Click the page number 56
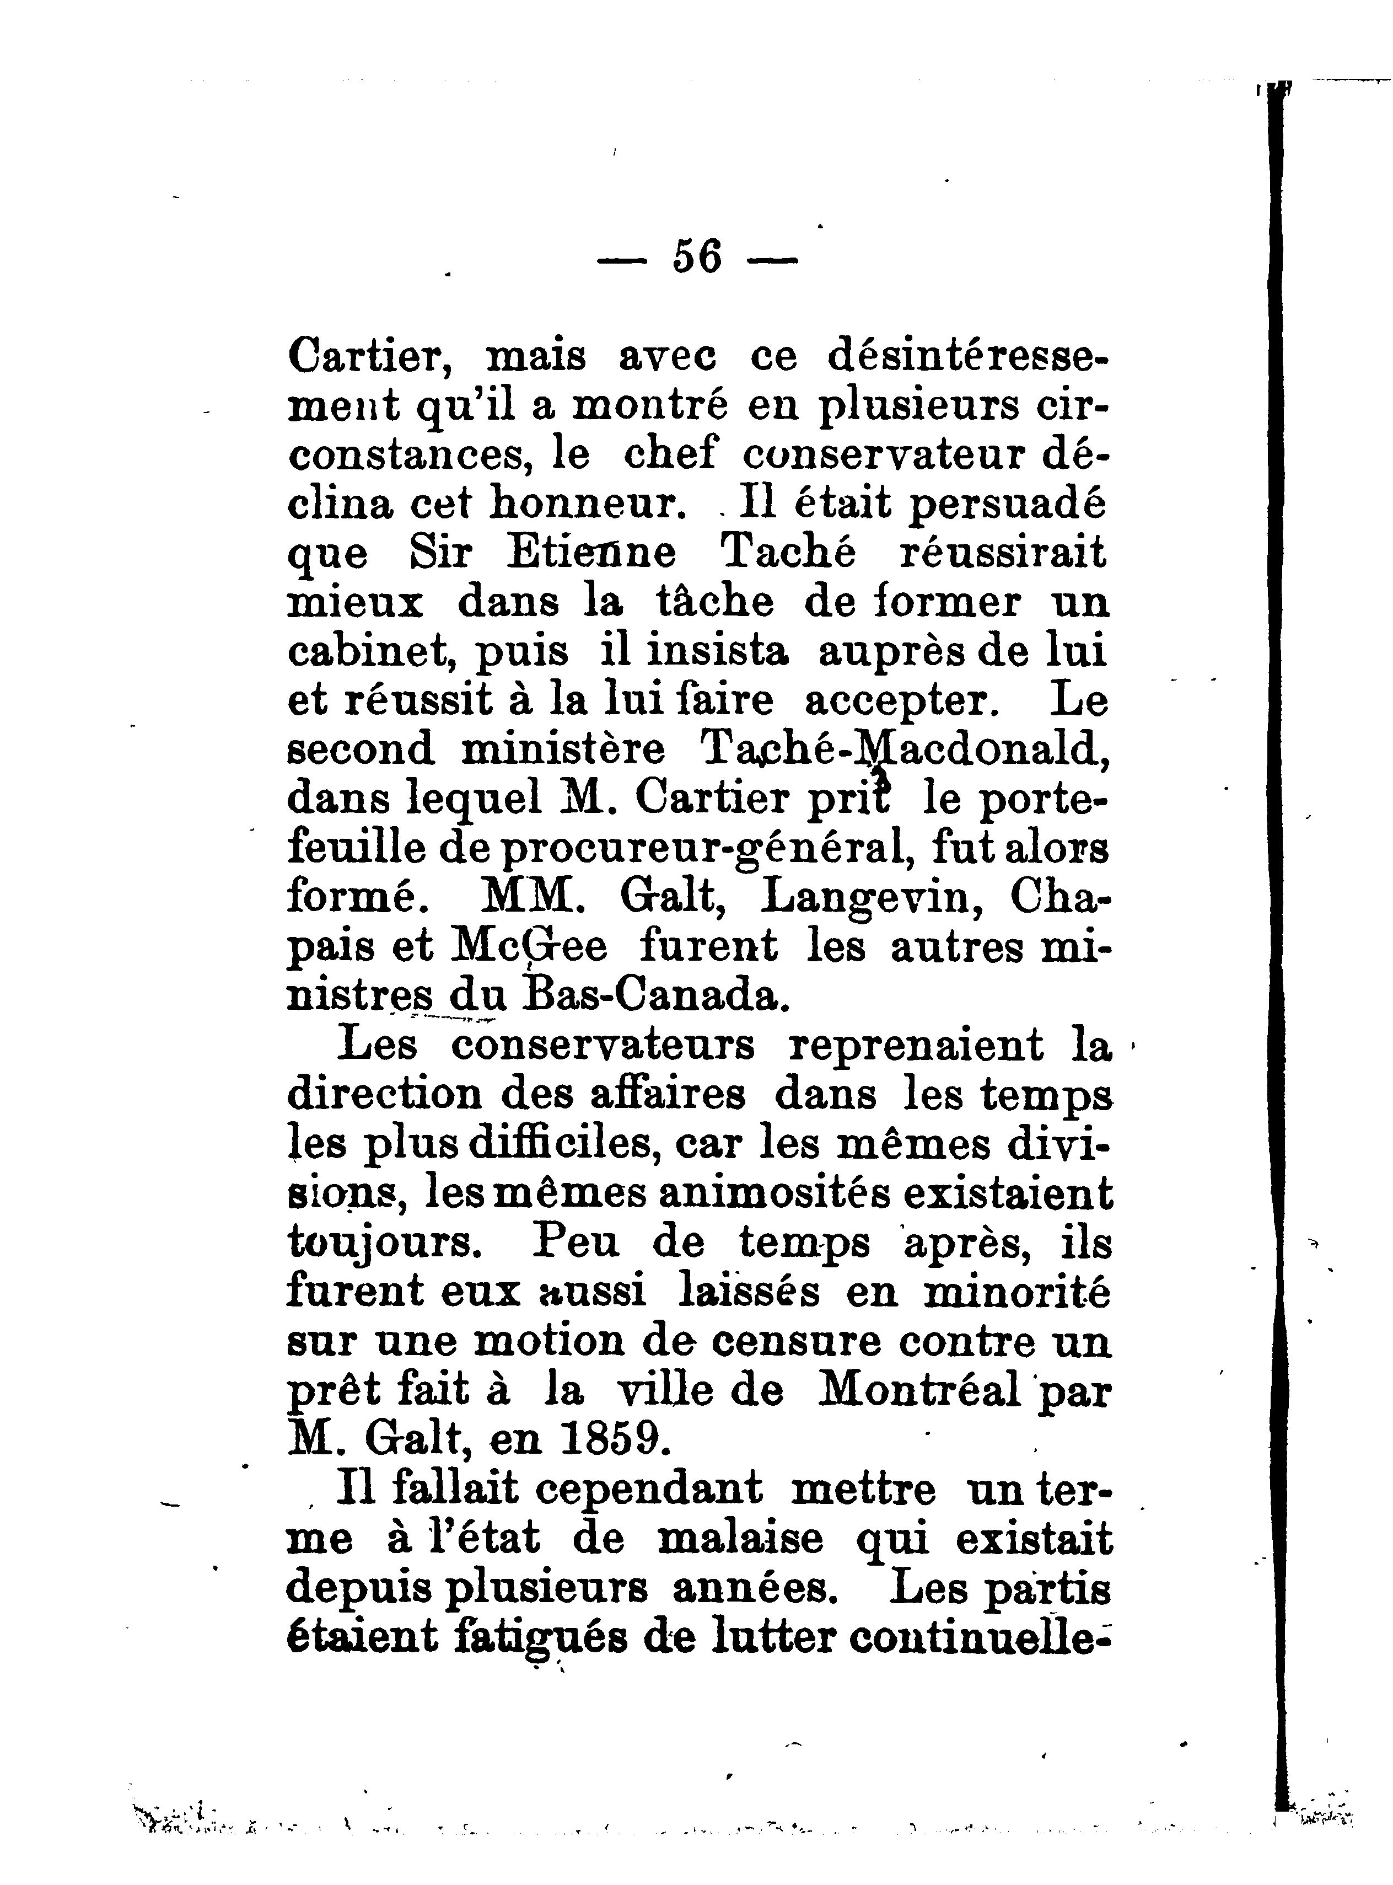coord(697,257)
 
